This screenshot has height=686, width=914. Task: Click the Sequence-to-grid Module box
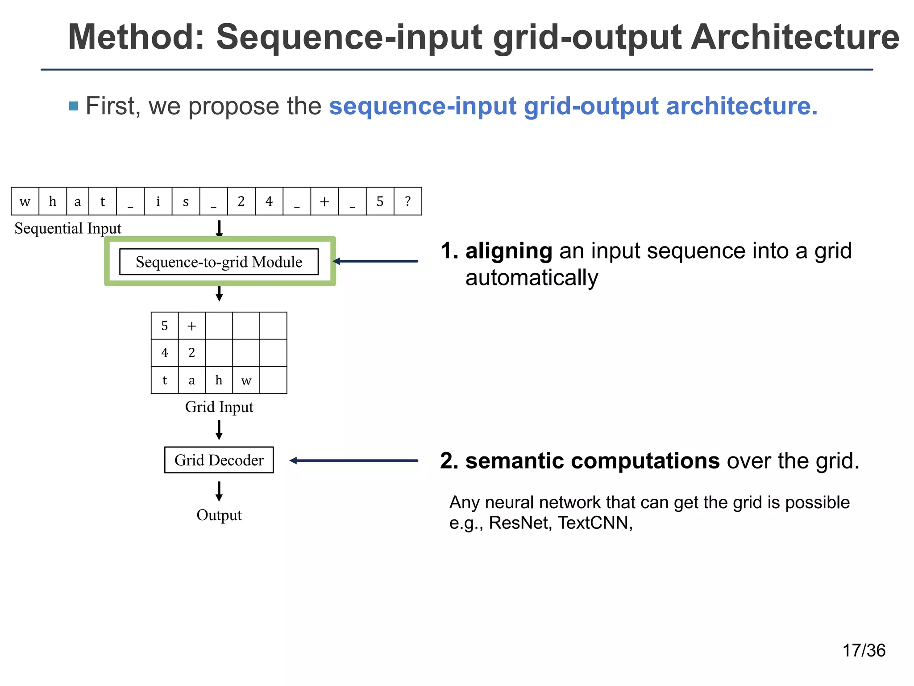(x=219, y=262)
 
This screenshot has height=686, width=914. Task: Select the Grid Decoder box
(x=219, y=460)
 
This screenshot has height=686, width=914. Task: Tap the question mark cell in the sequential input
(x=408, y=201)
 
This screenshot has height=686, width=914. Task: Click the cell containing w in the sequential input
(x=25, y=201)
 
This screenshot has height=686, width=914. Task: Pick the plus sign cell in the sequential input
(x=324, y=201)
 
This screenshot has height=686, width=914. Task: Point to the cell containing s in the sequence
(x=186, y=201)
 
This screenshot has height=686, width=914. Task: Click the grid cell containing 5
(x=165, y=326)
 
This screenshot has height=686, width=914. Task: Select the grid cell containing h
(x=219, y=380)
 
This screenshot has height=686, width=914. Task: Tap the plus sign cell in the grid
(x=192, y=326)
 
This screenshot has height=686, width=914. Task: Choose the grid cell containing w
(x=246, y=380)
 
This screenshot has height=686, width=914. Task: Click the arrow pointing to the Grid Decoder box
(x=353, y=460)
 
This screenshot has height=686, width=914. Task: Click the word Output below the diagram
(x=219, y=515)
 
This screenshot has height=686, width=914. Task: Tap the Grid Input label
(x=219, y=407)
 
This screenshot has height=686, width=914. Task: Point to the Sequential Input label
(x=68, y=228)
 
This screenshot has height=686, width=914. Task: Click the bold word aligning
(x=509, y=251)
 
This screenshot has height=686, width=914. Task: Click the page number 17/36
(x=864, y=651)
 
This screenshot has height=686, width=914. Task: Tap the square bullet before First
(x=74, y=106)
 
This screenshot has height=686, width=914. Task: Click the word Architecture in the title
(x=795, y=38)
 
